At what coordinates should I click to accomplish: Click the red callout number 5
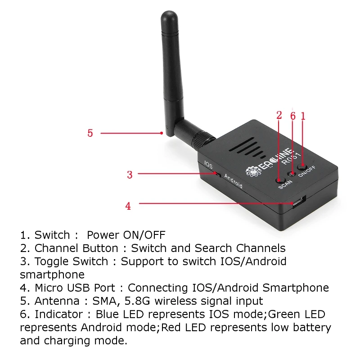pyautogui.click(x=90, y=133)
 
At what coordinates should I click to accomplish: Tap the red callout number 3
pyautogui.click(x=130, y=175)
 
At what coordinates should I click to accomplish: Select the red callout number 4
pyautogui.click(x=128, y=206)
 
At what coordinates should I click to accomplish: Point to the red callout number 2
pyautogui.click(x=279, y=115)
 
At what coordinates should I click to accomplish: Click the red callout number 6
pyautogui.click(x=293, y=116)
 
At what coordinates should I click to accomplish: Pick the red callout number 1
pyautogui.click(x=303, y=116)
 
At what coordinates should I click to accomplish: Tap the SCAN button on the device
pyautogui.click(x=280, y=180)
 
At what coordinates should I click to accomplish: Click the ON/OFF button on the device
pyautogui.click(x=302, y=166)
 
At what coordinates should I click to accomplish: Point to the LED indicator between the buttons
pyautogui.click(x=292, y=174)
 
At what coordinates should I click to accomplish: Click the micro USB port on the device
pyautogui.click(x=299, y=202)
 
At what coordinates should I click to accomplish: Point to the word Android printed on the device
pyautogui.click(x=233, y=181)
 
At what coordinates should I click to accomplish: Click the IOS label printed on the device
pyautogui.click(x=208, y=165)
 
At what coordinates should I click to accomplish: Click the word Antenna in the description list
pyautogui.click(x=57, y=301)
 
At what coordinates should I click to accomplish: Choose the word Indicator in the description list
pyautogui.click(x=58, y=314)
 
